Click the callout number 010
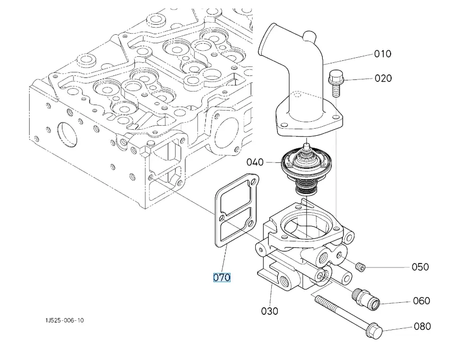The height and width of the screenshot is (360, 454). [x=383, y=54]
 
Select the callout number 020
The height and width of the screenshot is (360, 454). [x=383, y=78]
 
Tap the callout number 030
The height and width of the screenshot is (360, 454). [x=270, y=311]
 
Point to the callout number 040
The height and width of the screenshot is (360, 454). [x=255, y=162]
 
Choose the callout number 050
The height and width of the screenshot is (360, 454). [x=420, y=266]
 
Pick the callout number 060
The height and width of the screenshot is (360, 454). [x=421, y=301]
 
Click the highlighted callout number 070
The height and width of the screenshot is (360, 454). [x=221, y=277]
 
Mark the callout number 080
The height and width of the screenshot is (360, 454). [x=422, y=326]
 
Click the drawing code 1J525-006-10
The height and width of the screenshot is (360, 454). [x=64, y=320]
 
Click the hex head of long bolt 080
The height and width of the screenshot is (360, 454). [x=374, y=331]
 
